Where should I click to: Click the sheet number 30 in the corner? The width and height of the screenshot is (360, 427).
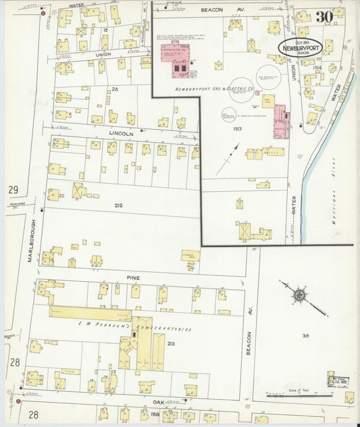[323, 16]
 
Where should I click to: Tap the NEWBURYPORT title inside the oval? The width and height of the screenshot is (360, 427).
[300, 48]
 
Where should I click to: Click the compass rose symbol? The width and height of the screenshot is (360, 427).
[298, 295]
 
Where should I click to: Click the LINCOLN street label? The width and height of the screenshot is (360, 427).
[121, 134]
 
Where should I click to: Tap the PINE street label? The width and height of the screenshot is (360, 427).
[132, 277]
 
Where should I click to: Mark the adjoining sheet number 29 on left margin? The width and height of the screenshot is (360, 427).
[13, 190]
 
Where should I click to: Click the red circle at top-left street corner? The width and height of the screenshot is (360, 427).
[43, 13]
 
